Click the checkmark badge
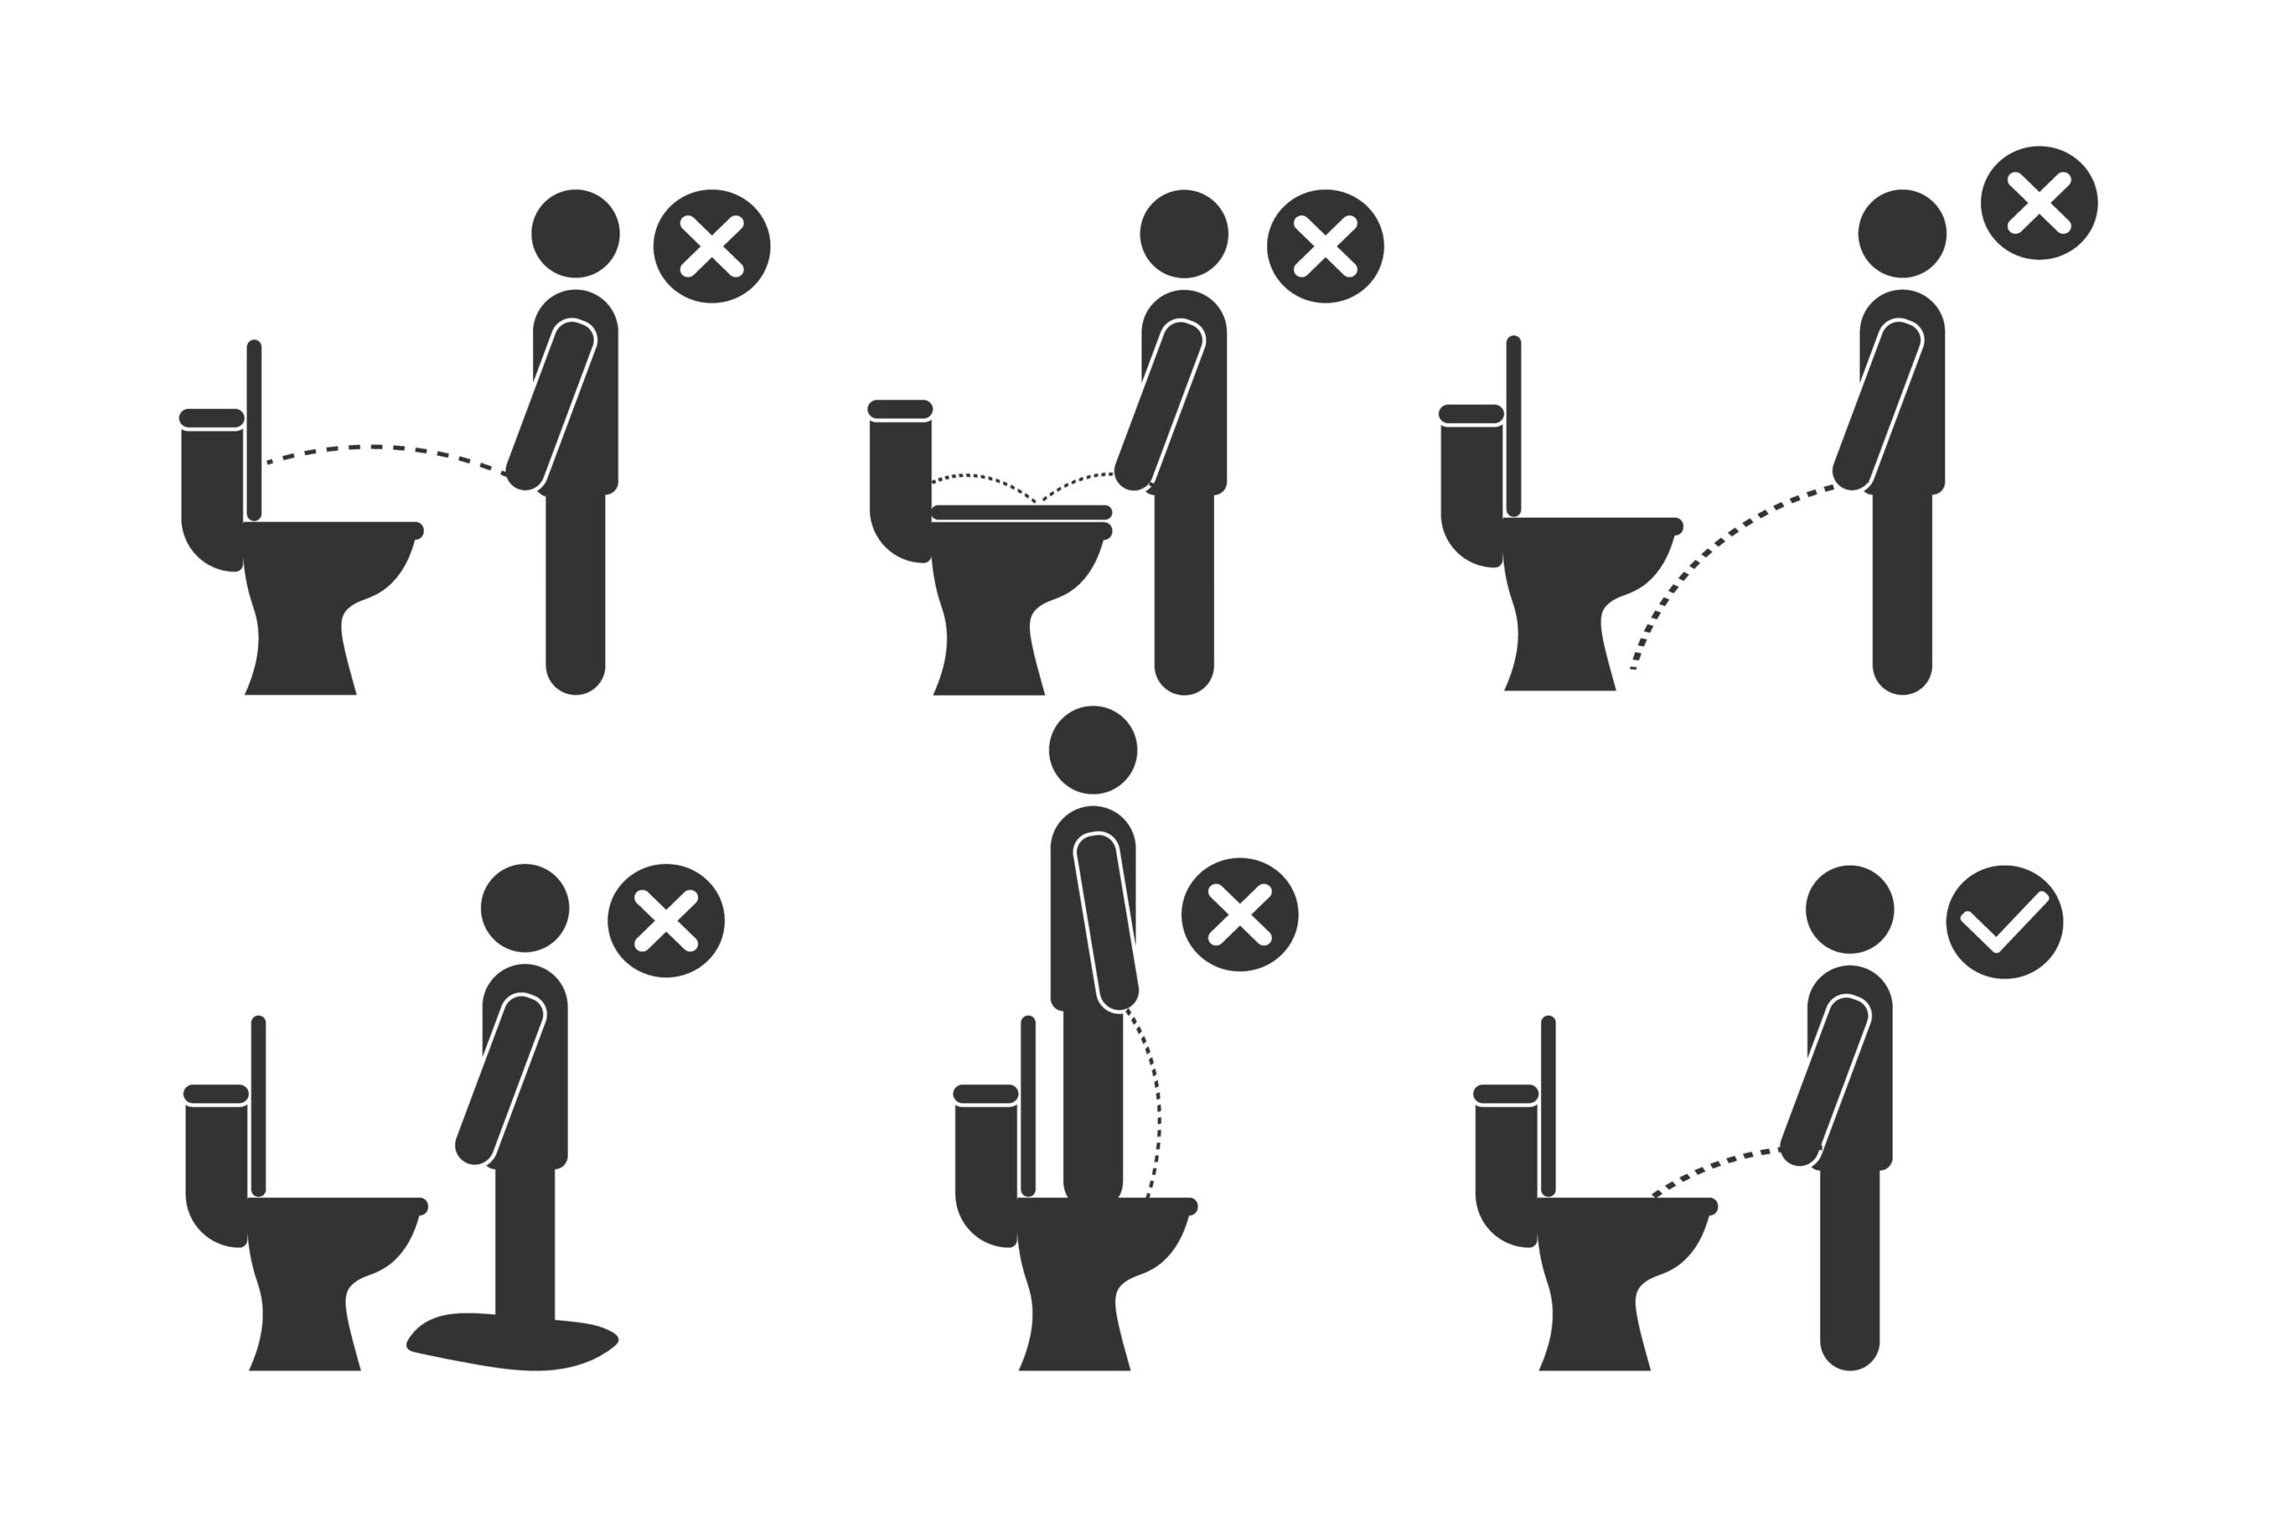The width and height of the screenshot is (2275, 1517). (x=2004, y=922)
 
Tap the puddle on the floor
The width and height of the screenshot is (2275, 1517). (x=513, y=1344)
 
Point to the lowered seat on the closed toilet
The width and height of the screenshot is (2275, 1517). (x=1021, y=513)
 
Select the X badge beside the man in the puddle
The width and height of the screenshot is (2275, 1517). (x=666, y=920)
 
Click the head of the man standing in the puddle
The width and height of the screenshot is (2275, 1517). (x=524, y=908)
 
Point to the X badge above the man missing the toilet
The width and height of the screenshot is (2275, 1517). (x=2039, y=204)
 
